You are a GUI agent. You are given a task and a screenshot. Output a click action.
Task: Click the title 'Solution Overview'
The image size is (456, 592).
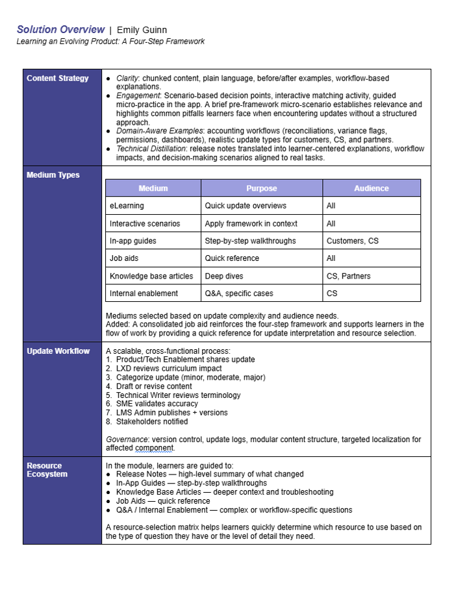60,30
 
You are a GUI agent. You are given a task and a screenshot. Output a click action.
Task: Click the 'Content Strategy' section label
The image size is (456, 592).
58,79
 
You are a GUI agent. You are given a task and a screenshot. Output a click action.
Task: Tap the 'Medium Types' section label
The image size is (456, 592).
53,175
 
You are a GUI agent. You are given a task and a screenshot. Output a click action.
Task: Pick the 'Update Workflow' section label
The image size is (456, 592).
58,351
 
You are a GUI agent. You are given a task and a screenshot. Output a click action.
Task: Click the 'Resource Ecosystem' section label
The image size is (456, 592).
45,470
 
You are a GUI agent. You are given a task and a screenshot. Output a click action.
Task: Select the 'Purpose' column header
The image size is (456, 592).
261,188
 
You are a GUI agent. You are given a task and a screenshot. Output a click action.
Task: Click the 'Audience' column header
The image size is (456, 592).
371,188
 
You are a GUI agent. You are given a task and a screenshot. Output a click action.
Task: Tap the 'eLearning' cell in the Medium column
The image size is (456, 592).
127,206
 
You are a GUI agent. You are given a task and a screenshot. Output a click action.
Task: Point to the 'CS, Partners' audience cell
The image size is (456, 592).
348,276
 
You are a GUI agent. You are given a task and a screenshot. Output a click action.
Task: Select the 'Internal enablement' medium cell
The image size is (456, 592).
144,293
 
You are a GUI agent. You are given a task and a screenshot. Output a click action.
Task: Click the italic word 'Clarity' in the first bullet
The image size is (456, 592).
127,79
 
